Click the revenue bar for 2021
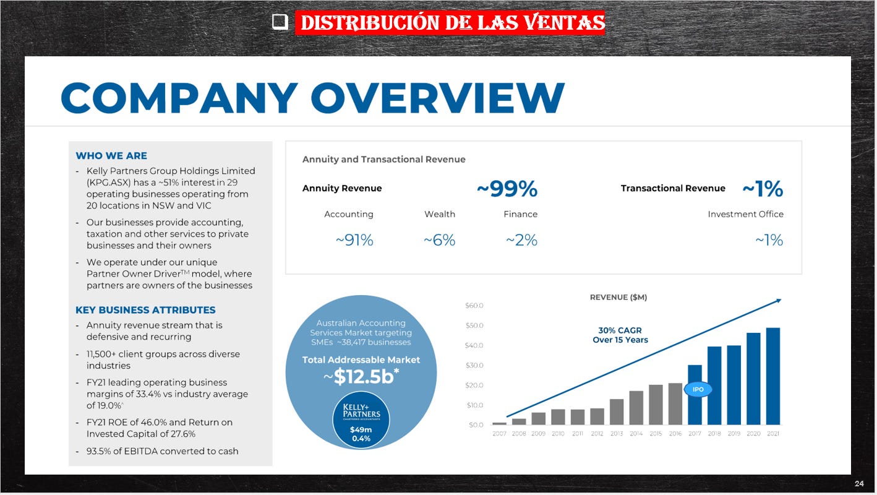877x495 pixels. click(x=772, y=376)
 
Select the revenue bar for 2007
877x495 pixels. click(x=499, y=423)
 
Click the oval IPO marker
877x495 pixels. click(x=698, y=389)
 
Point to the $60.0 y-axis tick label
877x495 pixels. click(x=474, y=306)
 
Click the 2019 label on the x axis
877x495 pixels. click(x=734, y=434)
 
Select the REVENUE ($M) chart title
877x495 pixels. click(x=618, y=297)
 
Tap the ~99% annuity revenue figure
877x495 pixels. click(x=507, y=189)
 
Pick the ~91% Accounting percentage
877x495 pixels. click(x=354, y=240)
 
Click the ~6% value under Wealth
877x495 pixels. click(x=439, y=240)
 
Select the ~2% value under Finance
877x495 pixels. click(x=521, y=240)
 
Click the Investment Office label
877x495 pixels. click(x=745, y=214)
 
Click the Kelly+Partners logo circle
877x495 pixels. click(x=361, y=419)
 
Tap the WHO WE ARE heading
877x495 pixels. click(x=111, y=156)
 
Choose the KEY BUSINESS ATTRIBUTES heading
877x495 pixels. click(x=145, y=310)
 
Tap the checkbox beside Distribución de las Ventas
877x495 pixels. click(x=280, y=23)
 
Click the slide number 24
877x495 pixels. click(x=859, y=483)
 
